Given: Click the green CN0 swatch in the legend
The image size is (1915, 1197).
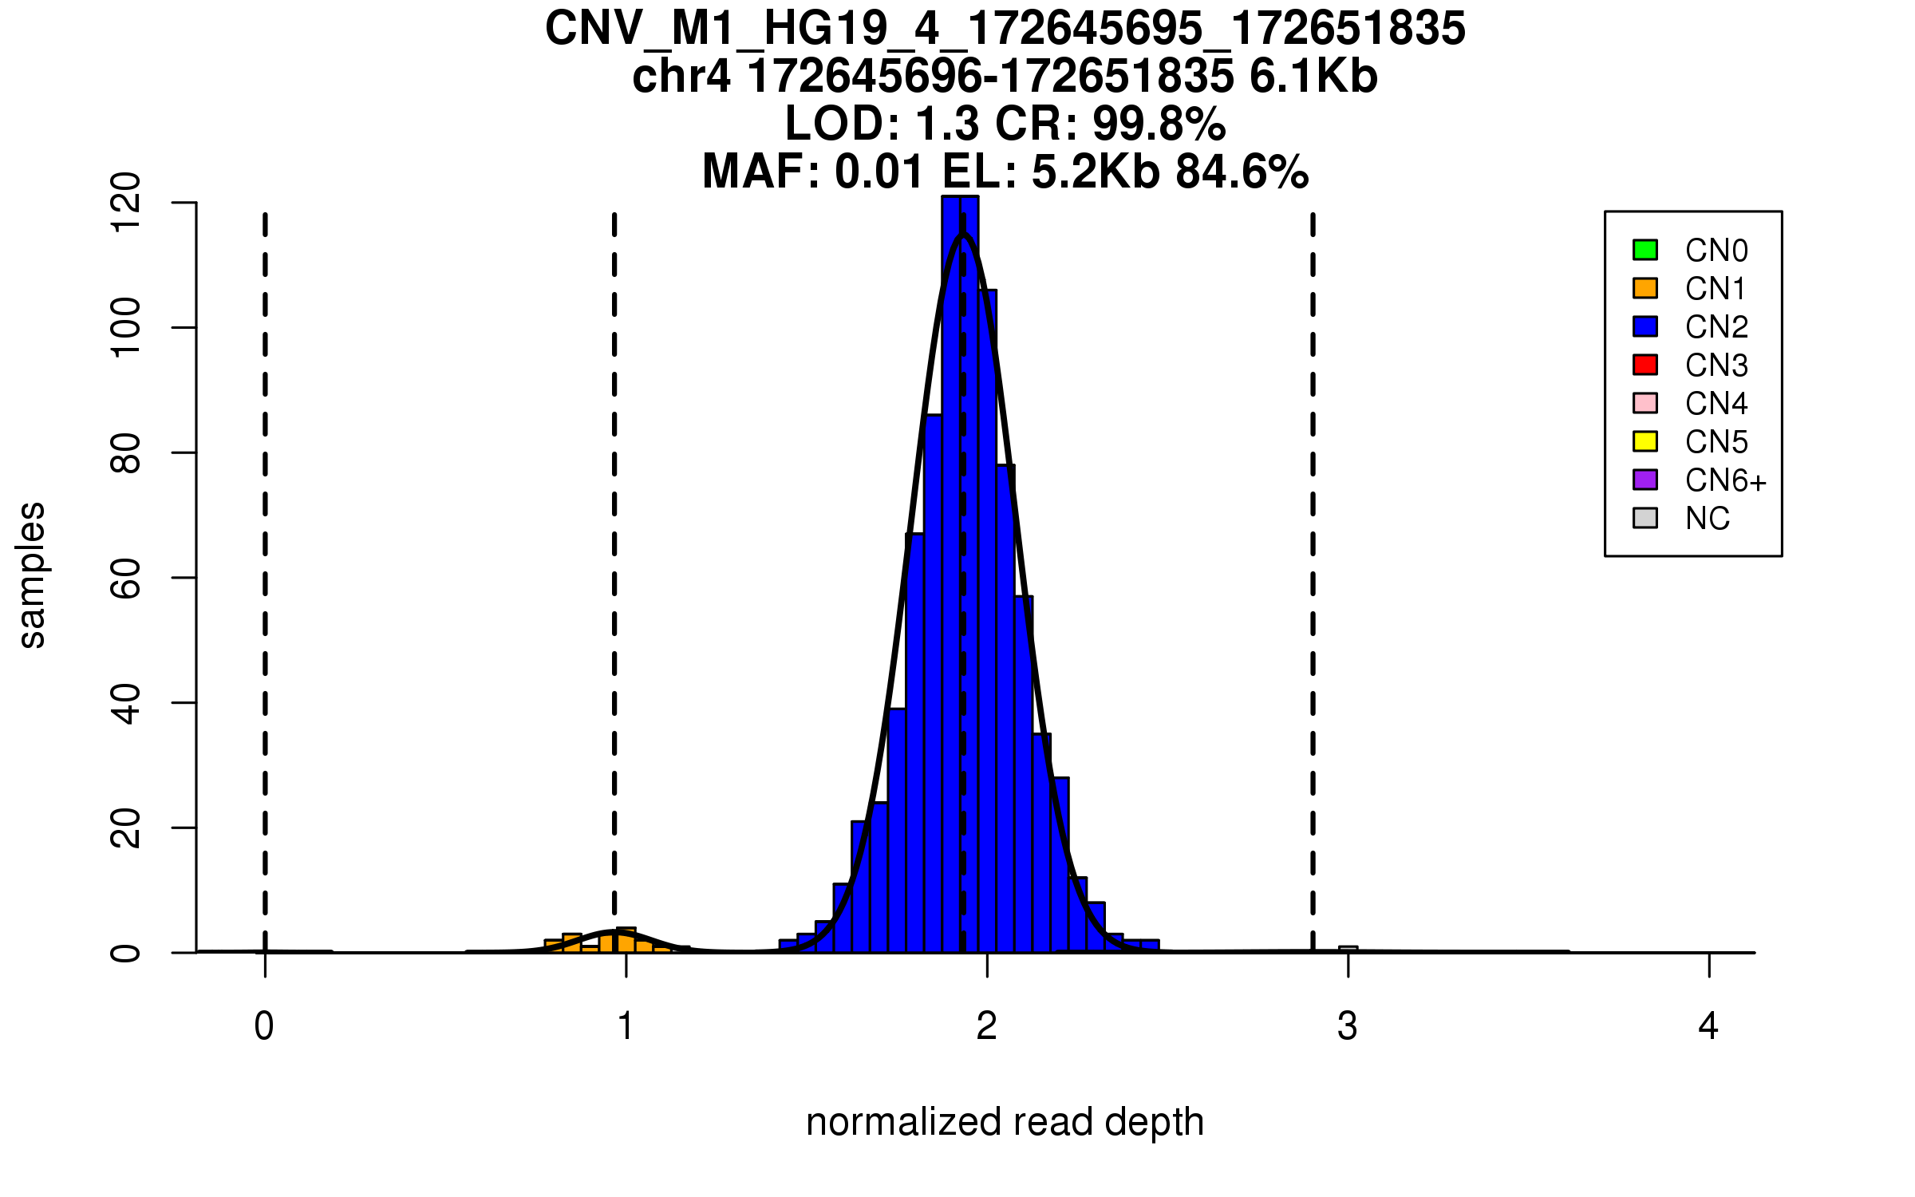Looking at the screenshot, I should click(1645, 250).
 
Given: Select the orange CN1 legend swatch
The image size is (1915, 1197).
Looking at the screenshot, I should click(1645, 288).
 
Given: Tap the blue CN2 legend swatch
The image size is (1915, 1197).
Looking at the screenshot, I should click(1645, 326).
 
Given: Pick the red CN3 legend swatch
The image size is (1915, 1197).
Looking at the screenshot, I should click(1645, 365).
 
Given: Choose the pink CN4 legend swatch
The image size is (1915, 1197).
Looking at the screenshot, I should click(1645, 403).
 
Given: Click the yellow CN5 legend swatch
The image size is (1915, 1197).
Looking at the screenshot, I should click(1645, 441).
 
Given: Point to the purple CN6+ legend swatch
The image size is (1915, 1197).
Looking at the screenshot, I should click(1645, 480).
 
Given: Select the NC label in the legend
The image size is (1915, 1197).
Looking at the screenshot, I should click(1707, 519).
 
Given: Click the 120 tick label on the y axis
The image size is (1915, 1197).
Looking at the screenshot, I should click(126, 203).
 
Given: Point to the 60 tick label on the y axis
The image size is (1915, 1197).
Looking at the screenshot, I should click(126, 578).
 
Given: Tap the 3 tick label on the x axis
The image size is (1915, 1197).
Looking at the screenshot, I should click(1348, 1026).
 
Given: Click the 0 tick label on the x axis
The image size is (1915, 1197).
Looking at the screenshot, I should click(264, 1026).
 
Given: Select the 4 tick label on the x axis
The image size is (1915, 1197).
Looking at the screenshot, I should click(1708, 1026).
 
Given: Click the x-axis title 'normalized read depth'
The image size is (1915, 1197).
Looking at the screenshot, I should click(1005, 1122).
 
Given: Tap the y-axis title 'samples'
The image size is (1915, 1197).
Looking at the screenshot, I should click(32, 575).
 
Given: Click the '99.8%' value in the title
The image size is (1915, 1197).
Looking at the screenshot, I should click(1159, 124).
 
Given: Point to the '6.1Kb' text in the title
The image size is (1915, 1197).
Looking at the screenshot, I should click(1313, 77).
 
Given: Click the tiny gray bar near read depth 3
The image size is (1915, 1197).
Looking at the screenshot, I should click(1348, 949).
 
